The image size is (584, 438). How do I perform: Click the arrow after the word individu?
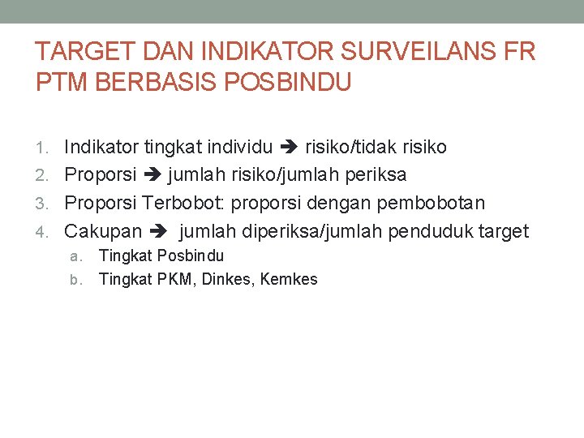point(290,147)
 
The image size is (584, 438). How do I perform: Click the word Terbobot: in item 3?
point(185,203)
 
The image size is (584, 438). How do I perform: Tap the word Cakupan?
point(103,232)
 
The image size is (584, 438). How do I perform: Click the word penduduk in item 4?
point(430,232)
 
